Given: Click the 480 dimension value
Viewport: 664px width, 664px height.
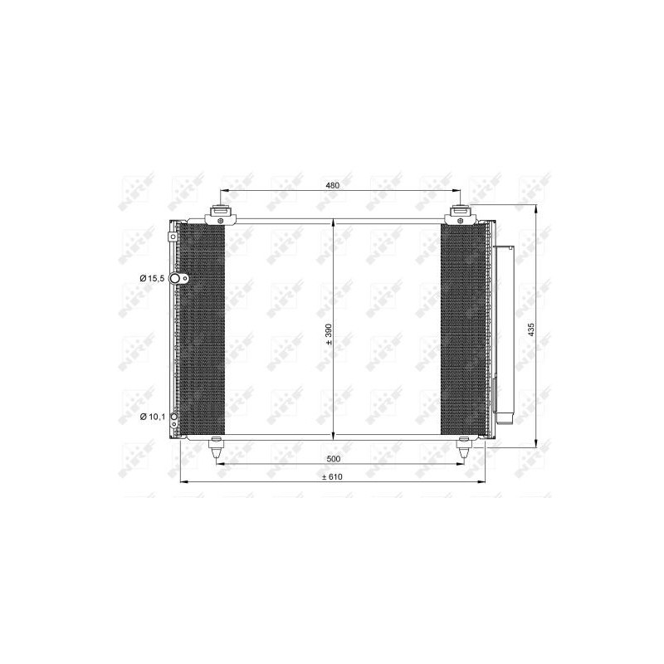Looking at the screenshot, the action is [333, 185].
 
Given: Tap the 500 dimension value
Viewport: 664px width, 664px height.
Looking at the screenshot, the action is [334, 459].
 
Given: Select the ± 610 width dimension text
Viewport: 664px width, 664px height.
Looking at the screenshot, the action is [332, 476].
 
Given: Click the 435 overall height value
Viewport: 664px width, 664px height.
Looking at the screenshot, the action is [532, 330].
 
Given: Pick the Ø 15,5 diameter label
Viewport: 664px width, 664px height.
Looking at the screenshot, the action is [152, 278].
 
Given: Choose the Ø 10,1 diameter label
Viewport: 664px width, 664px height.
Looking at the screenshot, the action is [152, 417].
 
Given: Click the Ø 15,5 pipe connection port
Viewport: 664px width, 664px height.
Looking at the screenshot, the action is [174, 278].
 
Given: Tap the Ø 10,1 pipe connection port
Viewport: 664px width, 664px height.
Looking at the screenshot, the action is [173, 417].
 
